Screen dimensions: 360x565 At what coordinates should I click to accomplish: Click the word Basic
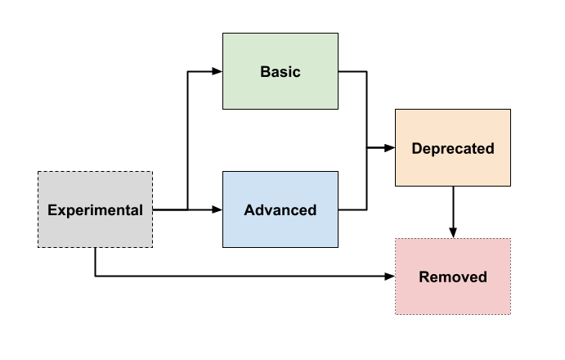tap(280, 72)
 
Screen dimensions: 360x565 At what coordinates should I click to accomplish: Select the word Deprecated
tap(453, 149)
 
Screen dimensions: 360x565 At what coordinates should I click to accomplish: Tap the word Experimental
tap(95, 210)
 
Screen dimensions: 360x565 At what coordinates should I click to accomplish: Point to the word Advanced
tap(280, 210)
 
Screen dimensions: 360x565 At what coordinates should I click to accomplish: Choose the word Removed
tap(453, 277)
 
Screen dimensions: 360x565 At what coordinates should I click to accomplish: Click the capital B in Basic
tap(265, 72)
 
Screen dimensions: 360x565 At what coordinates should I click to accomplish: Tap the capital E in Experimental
tap(52, 210)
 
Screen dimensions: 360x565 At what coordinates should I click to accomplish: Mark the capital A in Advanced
tap(249, 210)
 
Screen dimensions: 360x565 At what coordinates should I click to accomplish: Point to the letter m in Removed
tap(446, 278)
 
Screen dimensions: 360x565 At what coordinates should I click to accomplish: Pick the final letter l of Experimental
tap(141, 210)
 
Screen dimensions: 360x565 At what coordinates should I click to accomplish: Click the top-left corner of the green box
tap(223, 34)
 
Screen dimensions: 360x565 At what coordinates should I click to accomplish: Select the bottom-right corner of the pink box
tap(510, 314)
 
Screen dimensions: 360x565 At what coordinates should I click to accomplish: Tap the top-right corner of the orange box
tap(510, 110)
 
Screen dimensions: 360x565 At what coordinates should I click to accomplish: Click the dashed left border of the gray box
tap(38, 209)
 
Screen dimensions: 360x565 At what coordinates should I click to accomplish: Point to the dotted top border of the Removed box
tap(453, 239)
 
